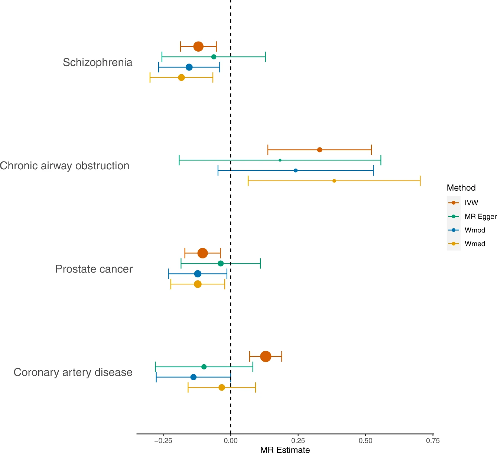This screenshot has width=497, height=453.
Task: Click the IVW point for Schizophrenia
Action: coord(198,47)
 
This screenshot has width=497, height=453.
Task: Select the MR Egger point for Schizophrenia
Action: coord(214,57)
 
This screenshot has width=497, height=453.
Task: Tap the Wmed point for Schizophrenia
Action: coord(181,78)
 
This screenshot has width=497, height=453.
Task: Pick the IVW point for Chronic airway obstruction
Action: coord(319,150)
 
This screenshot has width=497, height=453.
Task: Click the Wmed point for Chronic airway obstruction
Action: coord(334,181)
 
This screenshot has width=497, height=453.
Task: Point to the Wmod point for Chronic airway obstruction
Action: coord(296,170)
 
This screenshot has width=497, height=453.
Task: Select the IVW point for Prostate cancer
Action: coord(202,253)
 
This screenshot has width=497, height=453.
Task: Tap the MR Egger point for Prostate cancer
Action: coord(221,263)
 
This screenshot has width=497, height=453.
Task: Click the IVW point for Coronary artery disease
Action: coord(266,356)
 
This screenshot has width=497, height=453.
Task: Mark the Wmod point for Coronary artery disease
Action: coord(193,377)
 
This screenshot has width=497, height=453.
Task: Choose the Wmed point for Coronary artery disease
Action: coord(222,388)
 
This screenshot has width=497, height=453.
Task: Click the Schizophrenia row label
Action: coord(97,62)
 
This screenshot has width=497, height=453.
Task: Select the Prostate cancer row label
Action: coord(94,269)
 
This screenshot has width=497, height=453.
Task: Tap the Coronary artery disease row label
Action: coord(73,372)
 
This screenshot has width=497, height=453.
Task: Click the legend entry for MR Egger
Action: coord(480,216)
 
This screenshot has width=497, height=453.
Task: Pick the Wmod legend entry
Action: coord(475,230)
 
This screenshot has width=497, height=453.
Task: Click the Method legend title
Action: coord(461,188)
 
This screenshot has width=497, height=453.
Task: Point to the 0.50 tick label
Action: coord(366,441)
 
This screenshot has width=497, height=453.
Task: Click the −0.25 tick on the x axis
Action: coord(163,434)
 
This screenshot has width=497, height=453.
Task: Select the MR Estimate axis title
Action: coord(285,450)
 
